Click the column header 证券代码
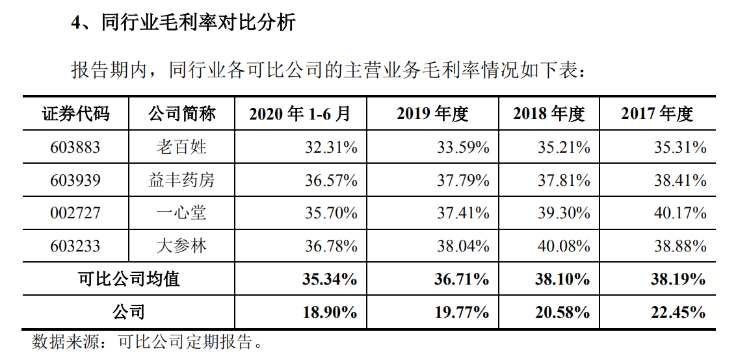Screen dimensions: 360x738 tap(75, 114)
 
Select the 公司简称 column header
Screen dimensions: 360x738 tap(181, 114)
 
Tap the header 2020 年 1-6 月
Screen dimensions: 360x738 tap(300, 114)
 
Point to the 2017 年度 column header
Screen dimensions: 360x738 tap(657, 114)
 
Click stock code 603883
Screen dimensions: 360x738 tap(75, 147)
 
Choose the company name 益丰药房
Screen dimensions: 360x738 tap(181, 179)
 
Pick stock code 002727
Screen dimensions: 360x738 tap(75, 212)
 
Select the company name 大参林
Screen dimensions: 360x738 tap(181, 246)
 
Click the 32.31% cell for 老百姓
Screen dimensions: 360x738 tap(331, 147)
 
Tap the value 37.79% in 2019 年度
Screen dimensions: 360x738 tap(463, 179)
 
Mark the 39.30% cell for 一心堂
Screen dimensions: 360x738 tap(564, 212)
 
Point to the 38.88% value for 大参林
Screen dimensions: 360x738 tap(680, 246)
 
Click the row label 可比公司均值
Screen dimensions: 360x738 tap(129, 279)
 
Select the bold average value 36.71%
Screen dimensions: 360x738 tap(462, 279)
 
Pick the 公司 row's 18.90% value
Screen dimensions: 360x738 tap(330, 312)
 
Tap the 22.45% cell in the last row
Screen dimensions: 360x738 tap(679, 312)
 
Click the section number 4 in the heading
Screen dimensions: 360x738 tap(75, 23)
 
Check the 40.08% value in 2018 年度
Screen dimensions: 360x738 tap(564, 246)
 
